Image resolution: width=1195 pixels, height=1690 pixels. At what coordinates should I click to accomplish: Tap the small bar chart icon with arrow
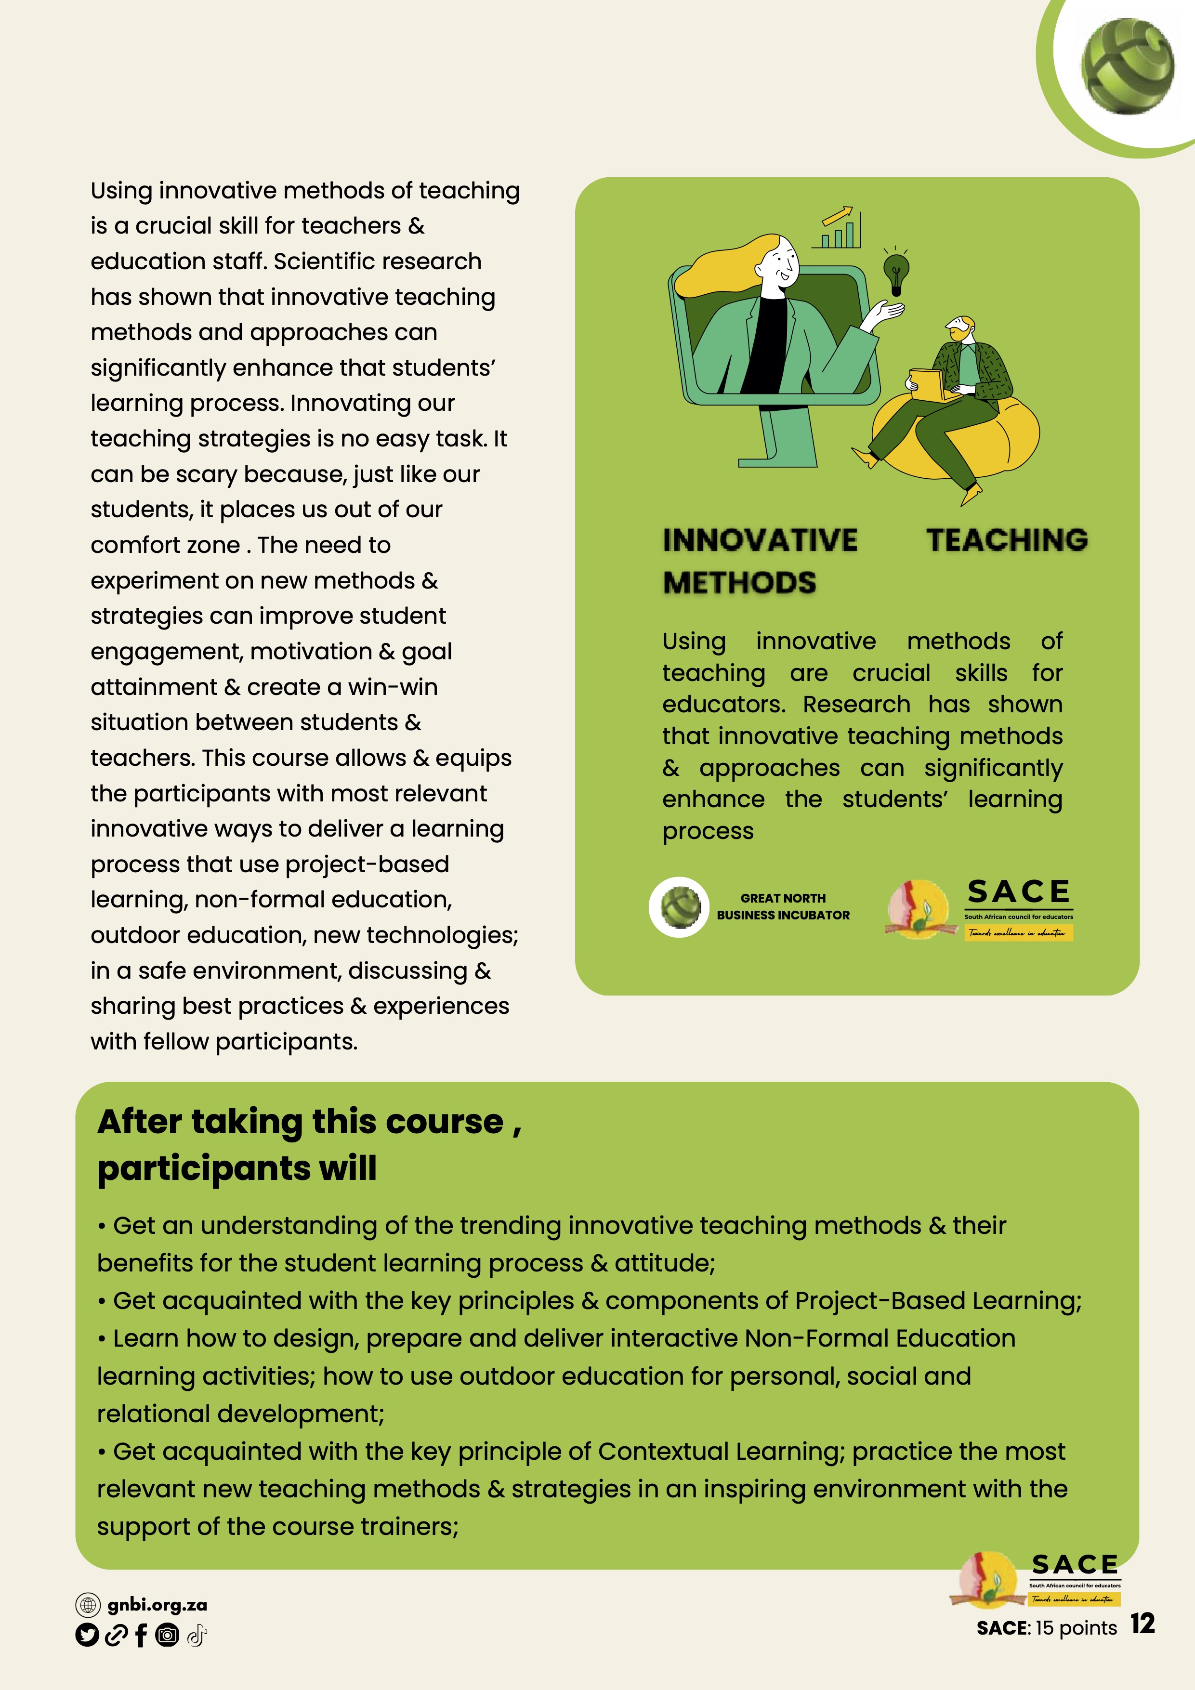click(838, 228)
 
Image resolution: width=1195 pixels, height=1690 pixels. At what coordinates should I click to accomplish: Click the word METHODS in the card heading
click(739, 583)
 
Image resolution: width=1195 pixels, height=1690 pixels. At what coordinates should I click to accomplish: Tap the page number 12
click(1142, 1624)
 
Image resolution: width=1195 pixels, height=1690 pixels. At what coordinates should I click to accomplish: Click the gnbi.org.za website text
click(157, 1605)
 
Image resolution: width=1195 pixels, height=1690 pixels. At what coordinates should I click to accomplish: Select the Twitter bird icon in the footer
click(87, 1636)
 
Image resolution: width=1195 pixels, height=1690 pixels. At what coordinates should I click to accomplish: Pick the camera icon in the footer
click(168, 1636)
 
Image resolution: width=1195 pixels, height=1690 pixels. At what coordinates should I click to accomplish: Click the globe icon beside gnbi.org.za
click(88, 1605)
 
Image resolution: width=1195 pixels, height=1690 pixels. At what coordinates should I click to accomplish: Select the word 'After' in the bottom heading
click(140, 1123)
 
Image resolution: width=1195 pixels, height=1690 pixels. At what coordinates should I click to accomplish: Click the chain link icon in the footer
click(116, 1636)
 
